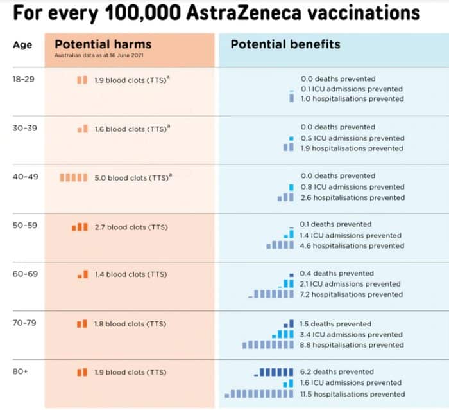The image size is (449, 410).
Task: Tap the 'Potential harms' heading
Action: (103, 44)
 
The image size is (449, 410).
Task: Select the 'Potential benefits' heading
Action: (285, 44)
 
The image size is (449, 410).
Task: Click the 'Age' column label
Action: (22, 45)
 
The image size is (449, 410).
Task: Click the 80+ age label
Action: (21, 371)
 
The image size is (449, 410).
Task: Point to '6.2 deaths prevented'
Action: (336, 371)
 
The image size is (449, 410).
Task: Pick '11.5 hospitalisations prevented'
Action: (352, 394)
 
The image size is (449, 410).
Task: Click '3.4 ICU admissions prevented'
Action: (352, 334)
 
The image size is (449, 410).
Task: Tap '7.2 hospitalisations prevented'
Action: (352, 294)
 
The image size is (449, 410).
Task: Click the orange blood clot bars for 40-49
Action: (73, 177)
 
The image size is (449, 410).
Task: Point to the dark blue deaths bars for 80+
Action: (276, 371)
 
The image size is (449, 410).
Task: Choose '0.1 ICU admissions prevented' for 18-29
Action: (352, 89)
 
